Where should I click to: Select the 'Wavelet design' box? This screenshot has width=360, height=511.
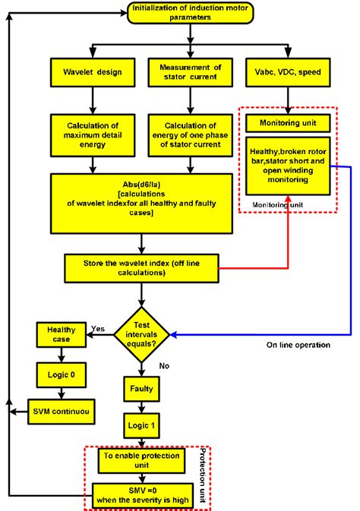tap(93, 72)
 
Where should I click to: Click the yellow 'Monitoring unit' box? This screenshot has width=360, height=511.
tap(288, 123)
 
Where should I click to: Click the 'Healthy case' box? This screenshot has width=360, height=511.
tap(60, 334)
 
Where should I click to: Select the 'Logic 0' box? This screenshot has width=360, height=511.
tap(60, 374)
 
